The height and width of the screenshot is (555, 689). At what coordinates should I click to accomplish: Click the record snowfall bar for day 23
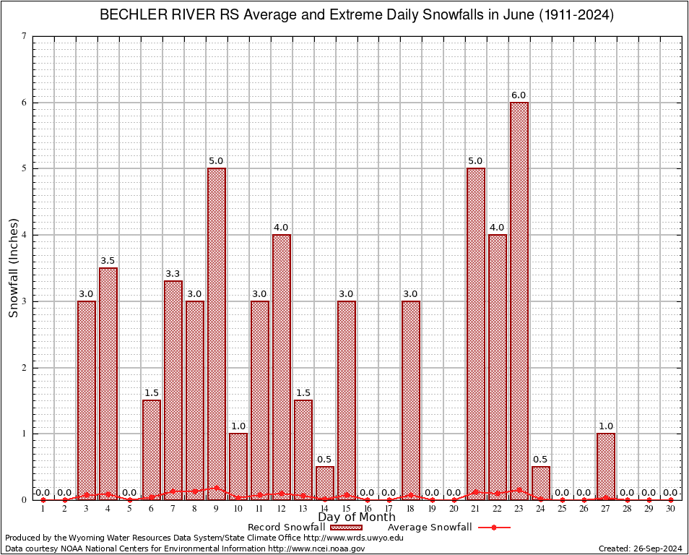519,301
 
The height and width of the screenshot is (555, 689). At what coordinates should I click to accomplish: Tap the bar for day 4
108,384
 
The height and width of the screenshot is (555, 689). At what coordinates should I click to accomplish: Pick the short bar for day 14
325,483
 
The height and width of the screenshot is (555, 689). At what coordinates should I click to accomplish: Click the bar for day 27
606,467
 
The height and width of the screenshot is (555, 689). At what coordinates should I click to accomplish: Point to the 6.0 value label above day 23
519,95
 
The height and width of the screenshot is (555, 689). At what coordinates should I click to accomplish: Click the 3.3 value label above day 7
173,274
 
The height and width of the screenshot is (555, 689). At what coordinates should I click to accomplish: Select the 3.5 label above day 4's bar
108,261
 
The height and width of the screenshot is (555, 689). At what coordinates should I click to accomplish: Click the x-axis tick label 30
671,509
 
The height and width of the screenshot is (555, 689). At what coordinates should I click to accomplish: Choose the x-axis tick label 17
389,509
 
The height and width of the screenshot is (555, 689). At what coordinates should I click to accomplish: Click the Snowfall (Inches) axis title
13,268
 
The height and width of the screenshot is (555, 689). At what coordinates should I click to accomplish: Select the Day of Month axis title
357,517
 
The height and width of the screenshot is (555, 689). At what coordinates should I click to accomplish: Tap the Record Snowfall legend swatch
346,528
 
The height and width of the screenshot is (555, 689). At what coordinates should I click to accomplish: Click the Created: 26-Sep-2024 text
640,548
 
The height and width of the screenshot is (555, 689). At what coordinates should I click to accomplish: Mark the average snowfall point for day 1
43,500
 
